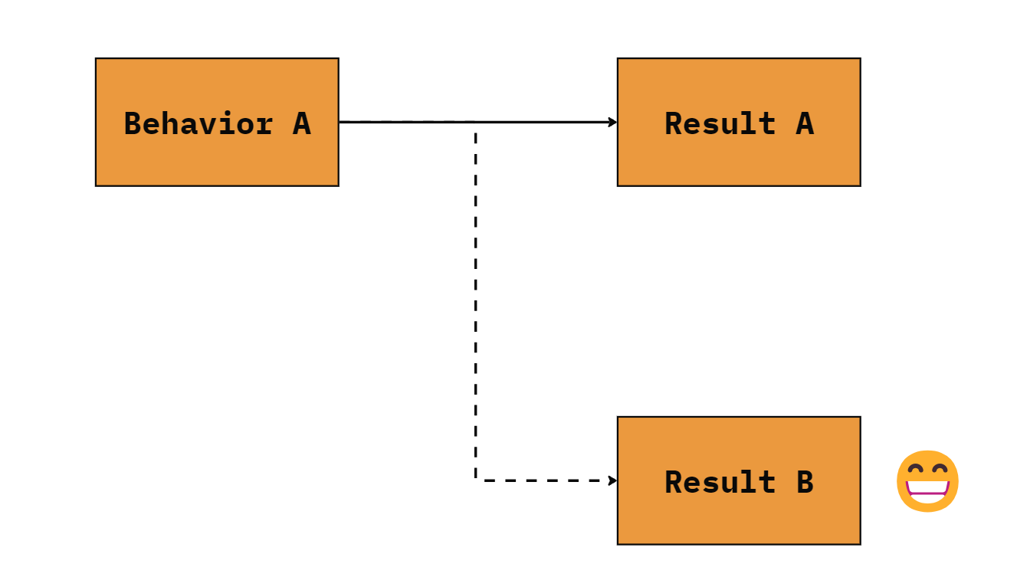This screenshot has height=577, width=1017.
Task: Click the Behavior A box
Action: [217, 122]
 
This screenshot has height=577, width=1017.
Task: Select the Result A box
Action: [739, 122]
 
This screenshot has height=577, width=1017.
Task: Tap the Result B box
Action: [739, 480]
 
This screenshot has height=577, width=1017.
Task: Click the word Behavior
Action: [198, 123]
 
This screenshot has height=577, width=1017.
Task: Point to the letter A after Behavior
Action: [301, 123]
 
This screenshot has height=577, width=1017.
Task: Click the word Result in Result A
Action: [720, 123]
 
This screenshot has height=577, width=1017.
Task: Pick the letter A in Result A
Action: [805, 123]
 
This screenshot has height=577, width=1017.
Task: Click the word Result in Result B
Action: [720, 481]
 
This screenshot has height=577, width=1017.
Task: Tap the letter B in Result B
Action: [805, 482]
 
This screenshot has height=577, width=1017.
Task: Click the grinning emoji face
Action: [927, 480]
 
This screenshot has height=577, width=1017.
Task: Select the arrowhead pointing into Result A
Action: [612, 122]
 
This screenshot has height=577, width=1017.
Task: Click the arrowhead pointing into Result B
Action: [612, 480]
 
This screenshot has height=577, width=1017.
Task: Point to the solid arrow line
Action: [478, 122]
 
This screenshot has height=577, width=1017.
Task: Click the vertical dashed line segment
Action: [475, 305]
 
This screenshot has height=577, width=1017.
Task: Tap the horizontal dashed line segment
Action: [545, 480]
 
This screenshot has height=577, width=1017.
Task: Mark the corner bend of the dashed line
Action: [475, 480]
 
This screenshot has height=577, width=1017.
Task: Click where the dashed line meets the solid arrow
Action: [475, 122]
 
